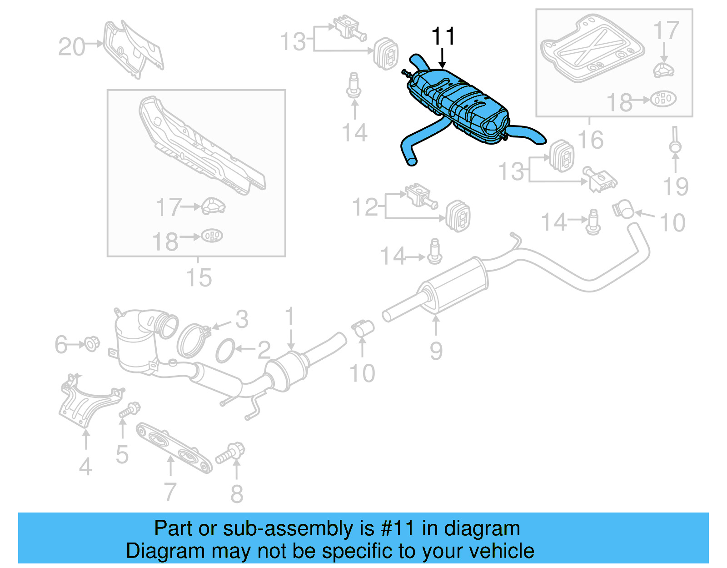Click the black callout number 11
(x=443, y=36)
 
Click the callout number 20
(x=71, y=47)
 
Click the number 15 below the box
(x=199, y=278)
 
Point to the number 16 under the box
(x=590, y=140)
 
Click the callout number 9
(x=436, y=351)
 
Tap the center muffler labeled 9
(x=454, y=284)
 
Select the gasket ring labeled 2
(x=225, y=351)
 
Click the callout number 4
(x=85, y=467)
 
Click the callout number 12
(x=365, y=207)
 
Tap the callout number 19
(x=675, y=186)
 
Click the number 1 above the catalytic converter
(x=290, y=317)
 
